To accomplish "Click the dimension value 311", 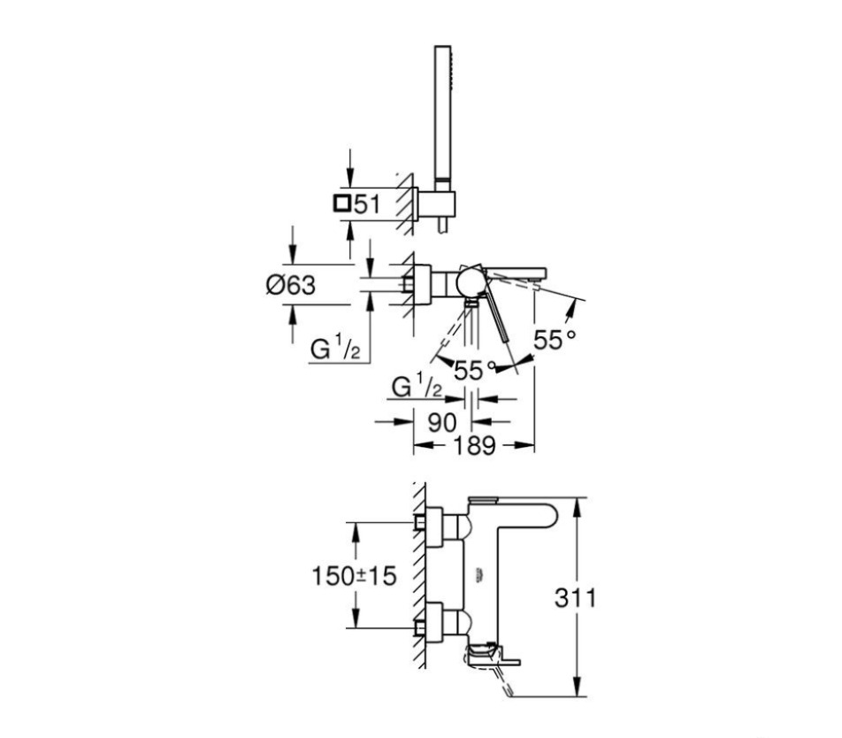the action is click(575, 597).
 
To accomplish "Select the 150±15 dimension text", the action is click(355, 576).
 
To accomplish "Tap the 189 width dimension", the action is click(474, 445).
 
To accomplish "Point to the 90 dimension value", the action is click(442, 423).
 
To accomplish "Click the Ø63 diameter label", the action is click(290, 285).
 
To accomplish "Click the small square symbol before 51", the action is click(342, 204).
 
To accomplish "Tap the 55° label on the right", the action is click(555, 340).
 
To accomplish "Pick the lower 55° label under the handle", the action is click(475, 370).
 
